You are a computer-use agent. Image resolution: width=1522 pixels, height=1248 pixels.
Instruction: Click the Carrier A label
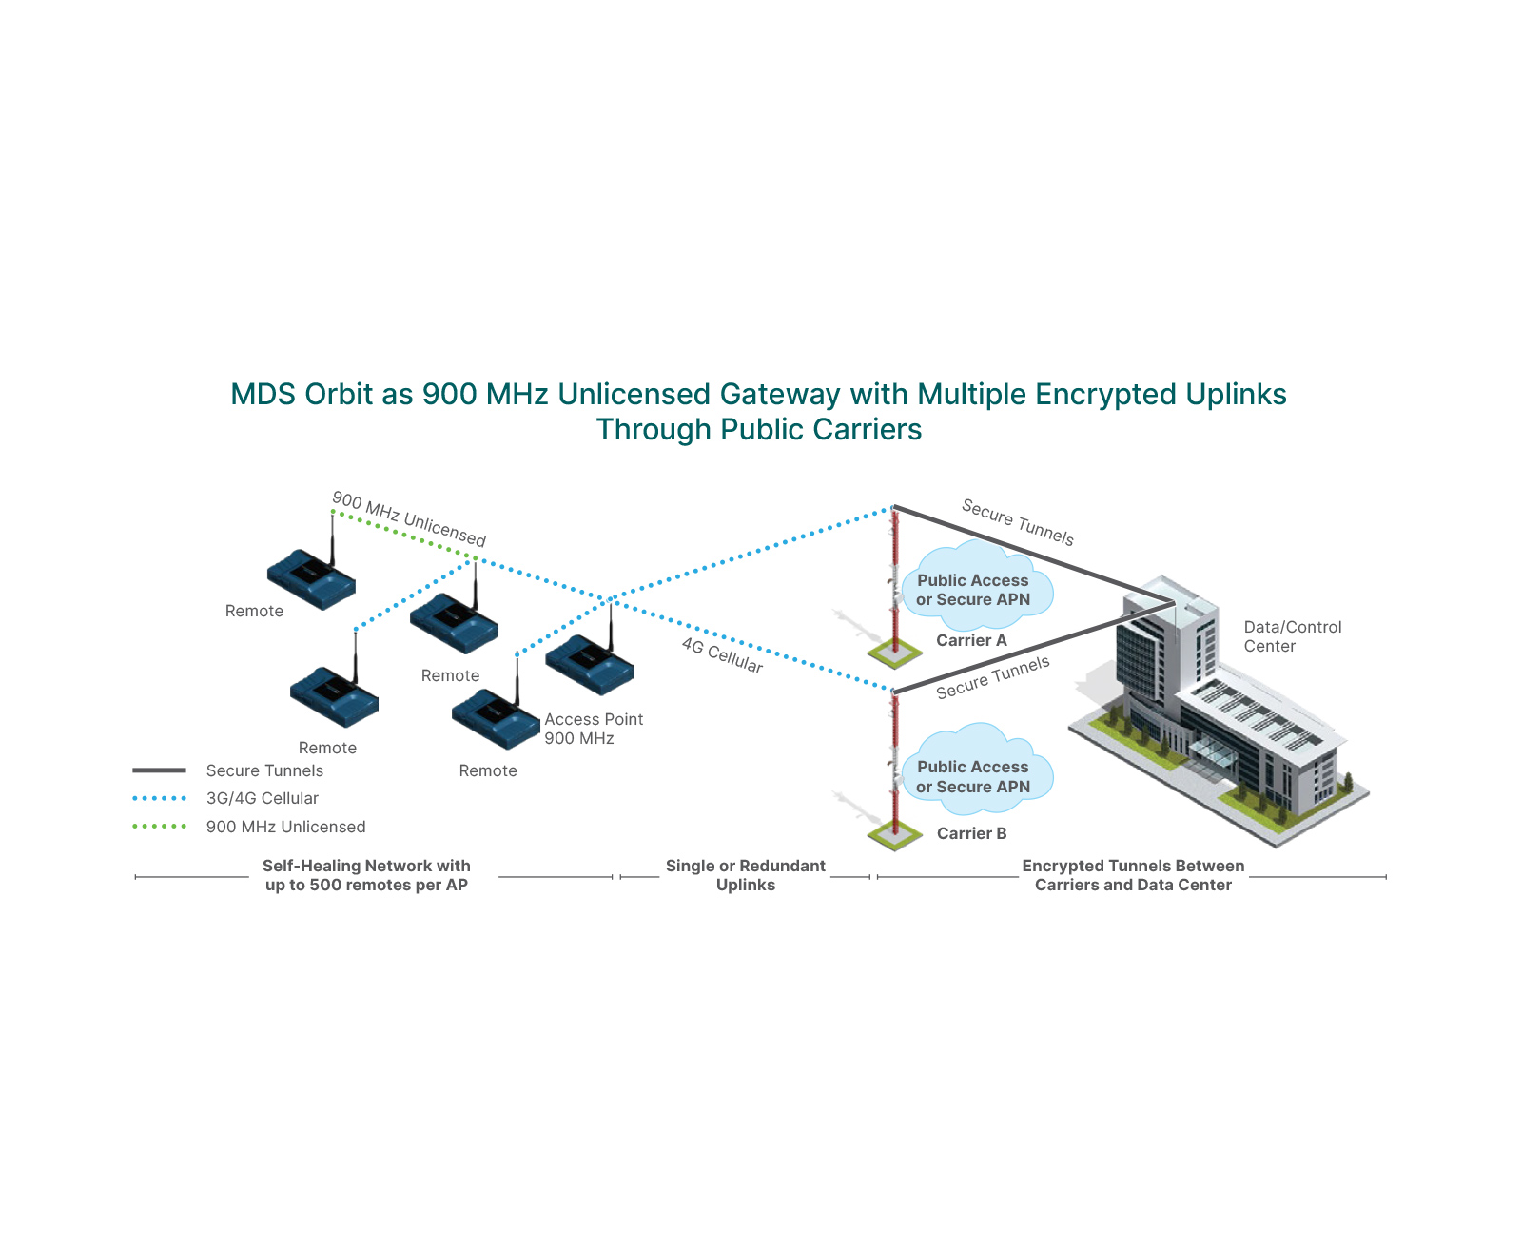click(x=970, y=640)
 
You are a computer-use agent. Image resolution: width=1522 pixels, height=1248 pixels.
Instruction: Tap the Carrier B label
click(x=970, y=833)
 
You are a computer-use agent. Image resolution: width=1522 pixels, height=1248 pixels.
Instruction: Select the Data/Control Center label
click(x=1292, y=636)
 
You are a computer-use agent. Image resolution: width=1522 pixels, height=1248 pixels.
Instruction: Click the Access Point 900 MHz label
click(x=593, y=729)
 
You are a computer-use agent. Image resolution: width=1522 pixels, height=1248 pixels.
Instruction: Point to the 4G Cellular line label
click(x=722, y=655)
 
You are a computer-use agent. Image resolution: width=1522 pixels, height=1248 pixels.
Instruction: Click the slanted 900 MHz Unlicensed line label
click(x=409, y=519)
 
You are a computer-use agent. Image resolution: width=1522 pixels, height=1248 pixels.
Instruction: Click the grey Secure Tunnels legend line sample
click(x=159, y=770)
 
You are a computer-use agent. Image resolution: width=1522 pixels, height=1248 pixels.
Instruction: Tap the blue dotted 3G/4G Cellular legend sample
click(x=159, y=799)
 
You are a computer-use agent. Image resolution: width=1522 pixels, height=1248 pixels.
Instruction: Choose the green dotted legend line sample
click(x=159, y=827)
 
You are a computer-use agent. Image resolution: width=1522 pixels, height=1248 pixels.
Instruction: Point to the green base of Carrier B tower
click(x=894, y=836)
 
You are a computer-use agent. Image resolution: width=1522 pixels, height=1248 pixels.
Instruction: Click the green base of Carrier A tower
click(x=894, y=653)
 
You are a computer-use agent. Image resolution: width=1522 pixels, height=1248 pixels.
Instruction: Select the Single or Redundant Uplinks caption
click(x=745, y=875)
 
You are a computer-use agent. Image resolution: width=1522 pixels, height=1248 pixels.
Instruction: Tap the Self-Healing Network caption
click(x=366, y=875)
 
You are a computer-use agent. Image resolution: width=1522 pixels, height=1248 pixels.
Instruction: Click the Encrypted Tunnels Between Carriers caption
click(x=1132, y=875)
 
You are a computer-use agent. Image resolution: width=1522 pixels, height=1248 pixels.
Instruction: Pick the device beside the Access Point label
click(x=590, y=664)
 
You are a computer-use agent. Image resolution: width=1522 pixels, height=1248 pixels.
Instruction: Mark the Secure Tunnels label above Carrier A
click(x=1017, y=522)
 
